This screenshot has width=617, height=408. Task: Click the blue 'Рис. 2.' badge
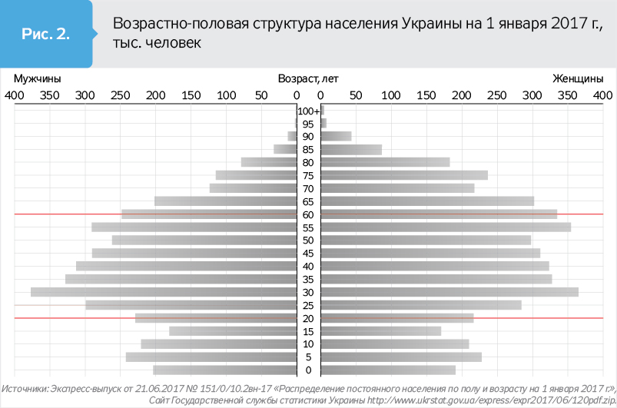pos(46,35)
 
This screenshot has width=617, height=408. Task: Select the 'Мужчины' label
pos(38,78)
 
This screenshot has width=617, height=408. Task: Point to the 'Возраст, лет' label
pos(308,78)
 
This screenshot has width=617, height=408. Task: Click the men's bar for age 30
pos(164,292)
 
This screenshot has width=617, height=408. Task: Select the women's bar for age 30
pos(449,292)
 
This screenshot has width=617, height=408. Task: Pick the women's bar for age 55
pos(446,227)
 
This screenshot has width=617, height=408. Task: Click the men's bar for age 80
pos(269,162)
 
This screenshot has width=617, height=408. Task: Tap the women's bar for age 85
pos(351,150)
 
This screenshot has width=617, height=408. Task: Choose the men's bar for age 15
pos(233,331)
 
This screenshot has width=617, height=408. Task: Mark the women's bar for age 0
pos(388,370)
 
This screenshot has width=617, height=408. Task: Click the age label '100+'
pos(309,111)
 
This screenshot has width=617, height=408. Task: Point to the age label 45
pos(308,254)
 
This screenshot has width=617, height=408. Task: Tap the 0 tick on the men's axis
pos(297,95)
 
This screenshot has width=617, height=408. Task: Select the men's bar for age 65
pos(226,201)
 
